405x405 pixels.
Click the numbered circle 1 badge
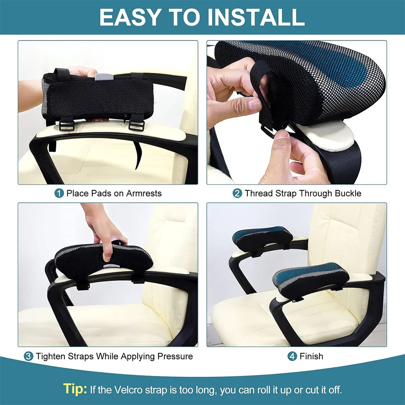coord(59,193)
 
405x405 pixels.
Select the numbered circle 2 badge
coord(237,193)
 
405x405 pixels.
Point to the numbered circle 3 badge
coord(28,356)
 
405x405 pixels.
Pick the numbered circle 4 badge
coord(292,356)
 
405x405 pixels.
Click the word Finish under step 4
coord(311,356)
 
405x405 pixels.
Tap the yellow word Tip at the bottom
coord(75,389)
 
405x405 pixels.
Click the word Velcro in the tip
coord(128,390)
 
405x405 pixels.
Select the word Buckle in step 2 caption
coord(348,193)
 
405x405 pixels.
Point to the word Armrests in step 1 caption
coord(144,193)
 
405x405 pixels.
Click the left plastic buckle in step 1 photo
coord(67,125)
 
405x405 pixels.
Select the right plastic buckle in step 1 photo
coord(136,125)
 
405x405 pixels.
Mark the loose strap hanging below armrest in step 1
coord(139,156)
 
